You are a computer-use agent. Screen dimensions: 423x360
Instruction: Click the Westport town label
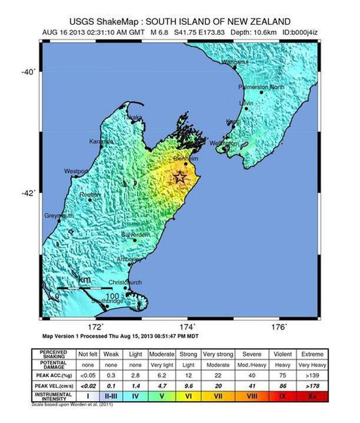coord(76,171)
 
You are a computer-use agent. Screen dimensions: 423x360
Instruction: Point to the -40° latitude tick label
coord(28,71)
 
